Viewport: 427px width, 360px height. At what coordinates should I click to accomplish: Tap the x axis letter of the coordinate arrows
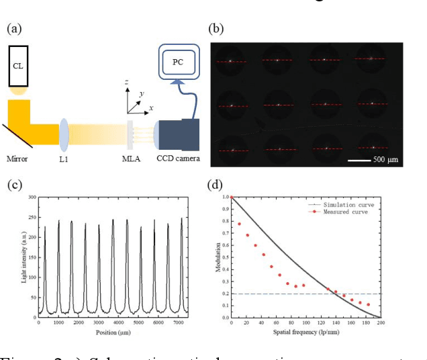151,107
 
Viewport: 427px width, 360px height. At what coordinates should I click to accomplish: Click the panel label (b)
216,29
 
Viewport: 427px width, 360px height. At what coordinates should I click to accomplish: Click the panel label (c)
13,185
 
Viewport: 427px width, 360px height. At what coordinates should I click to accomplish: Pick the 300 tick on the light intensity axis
31,197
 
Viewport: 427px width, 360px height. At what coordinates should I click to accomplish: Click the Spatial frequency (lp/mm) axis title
305,332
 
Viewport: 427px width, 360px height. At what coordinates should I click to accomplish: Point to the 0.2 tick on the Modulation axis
225,294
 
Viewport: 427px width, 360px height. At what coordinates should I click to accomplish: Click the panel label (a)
13,29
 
